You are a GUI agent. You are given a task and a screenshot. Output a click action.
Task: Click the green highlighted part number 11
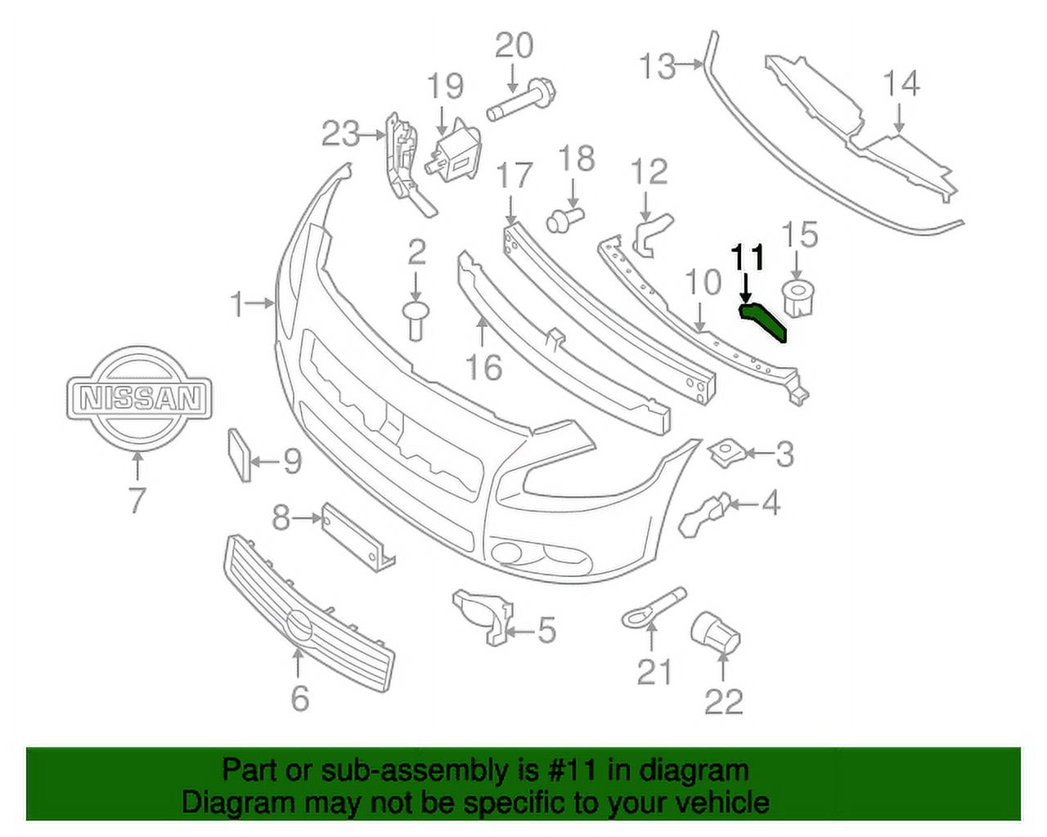[765, 320]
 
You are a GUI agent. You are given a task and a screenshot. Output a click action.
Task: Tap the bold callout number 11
[748, 257]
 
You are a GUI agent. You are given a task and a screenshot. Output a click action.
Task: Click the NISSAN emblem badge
[139, 398]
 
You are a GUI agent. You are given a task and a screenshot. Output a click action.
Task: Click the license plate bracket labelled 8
[358, 535]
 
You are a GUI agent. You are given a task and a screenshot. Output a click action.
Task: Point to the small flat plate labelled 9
[237, 454]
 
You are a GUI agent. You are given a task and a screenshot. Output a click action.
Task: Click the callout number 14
[901, 83]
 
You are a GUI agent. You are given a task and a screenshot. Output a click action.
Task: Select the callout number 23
[341, 132]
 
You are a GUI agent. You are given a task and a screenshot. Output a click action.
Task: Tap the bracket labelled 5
[484, 617]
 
